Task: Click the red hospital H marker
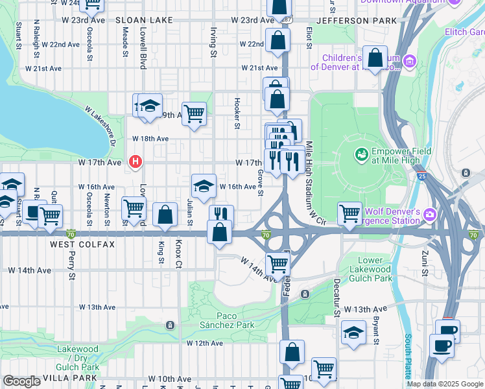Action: tap(136, 161)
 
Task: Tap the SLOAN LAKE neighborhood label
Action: tap(145, 21)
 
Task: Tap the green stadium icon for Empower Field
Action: tap(361, 155)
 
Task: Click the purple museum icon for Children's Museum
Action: tap(409, 62)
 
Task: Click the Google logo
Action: tap(21, 382)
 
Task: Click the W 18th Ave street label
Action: tap(150, 139)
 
